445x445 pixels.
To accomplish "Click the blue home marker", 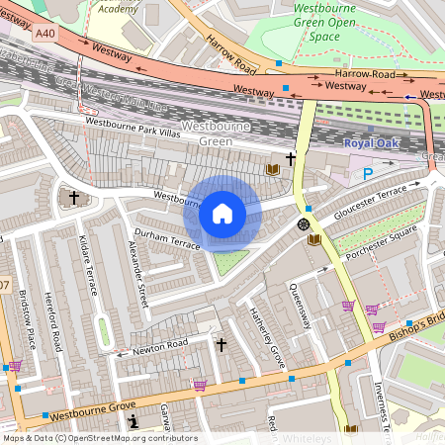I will [x=222, y=214].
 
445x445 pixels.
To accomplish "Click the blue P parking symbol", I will [x=368, y=173].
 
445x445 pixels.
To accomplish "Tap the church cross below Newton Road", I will [x=222, y=344].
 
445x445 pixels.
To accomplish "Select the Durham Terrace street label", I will [x=167, y=236].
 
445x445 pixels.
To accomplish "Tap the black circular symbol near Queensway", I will [x=304, y=225].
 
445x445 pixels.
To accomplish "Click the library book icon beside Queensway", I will [x=314, y=239].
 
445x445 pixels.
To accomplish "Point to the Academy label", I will [x=119, y=8].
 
